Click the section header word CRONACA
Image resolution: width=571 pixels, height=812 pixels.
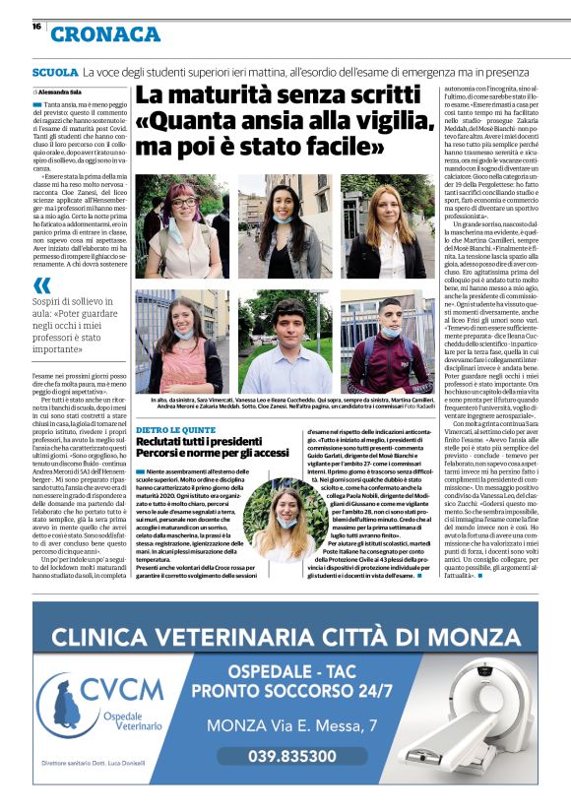point(105,34)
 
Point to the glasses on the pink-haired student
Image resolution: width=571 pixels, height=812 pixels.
point(185,203)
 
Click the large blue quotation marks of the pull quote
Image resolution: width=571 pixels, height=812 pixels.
point(42,285)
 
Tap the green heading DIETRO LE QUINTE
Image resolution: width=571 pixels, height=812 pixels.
point(174,403)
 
